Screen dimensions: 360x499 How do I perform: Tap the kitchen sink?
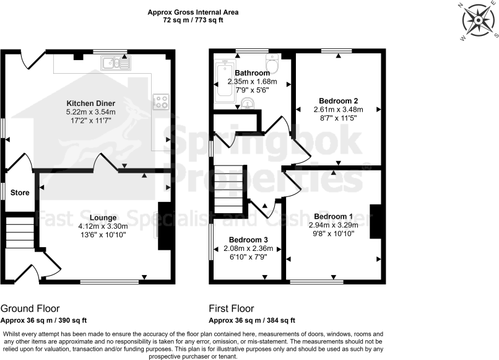coord(116,62)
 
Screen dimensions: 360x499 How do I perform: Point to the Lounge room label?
coord(103,217)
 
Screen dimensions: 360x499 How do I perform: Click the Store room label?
coord(20,193)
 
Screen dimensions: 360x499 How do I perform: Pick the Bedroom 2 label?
coord(338,100)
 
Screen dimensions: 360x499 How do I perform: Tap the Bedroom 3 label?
coord(248,240)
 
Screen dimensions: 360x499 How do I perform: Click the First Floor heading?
coord(232,309)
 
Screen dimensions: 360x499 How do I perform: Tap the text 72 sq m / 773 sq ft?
coord(193,20)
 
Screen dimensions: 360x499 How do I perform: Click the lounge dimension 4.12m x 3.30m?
coord(103,226)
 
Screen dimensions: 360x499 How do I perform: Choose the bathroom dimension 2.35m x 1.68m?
coord(252,82)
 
